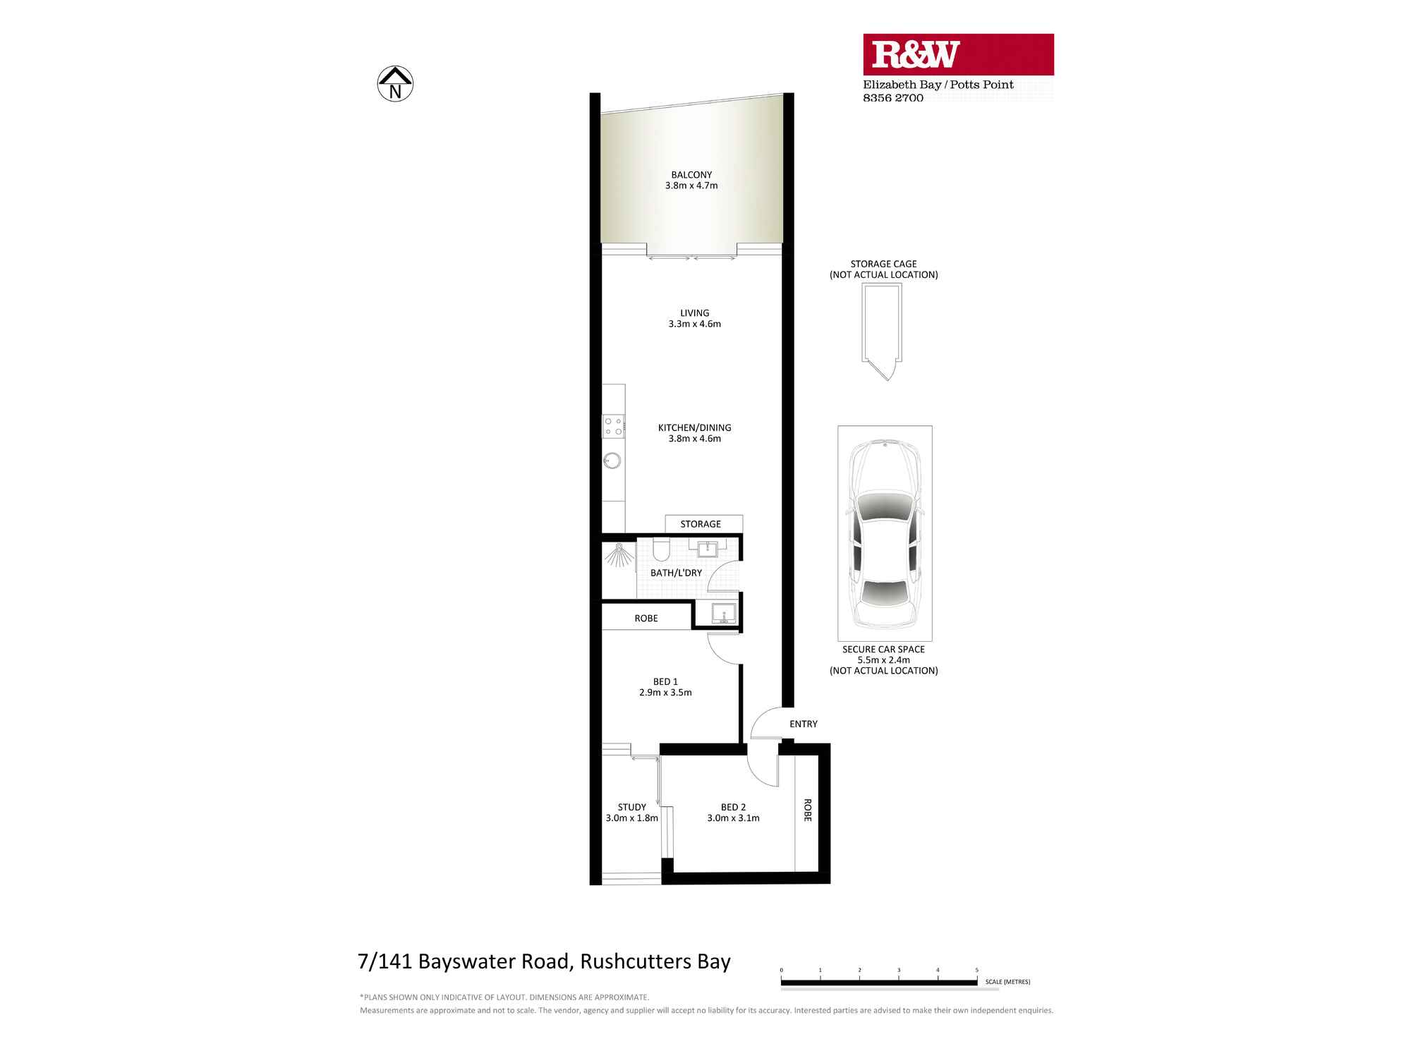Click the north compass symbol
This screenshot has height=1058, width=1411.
pyautogui.click(x=395, y=84)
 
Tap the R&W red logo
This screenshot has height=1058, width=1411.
pyautogui.click(x=958, y=54)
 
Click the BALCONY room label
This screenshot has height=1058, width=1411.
pyautogui.click(x=691, y=175)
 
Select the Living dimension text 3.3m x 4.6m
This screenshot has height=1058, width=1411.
pyautogui.click(x=694, y=324)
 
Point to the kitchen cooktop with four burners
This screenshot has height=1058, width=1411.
pyautogui.click(x=613, y=426)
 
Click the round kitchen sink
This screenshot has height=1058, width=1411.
pyautogui.click(x=612, y=461)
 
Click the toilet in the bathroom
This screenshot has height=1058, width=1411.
pyautogui.click(x=661, y=549)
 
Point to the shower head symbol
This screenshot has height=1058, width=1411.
pyautogui.click(x=619, y=556)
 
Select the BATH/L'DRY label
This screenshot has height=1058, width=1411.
pyautogui.click(x=676, y=573)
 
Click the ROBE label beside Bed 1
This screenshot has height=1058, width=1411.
pyautogui.click(x=646, y=619)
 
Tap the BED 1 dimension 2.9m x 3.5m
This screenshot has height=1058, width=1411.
pyautogui.click(x=665, y=693)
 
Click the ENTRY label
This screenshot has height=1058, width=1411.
pyautogui.click(x=803, y=724)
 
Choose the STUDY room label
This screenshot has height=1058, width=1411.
pyautogui.click(x=631, y=807)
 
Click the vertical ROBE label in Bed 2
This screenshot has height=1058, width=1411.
pyautogui.click(x=808, y=810)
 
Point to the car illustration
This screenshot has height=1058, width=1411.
pyautogui.click(x=885, y=534)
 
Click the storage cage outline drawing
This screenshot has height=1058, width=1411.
pyautogui.click(x=882, y=328)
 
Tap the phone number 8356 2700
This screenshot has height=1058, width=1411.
pyautogui.click(x=892, y=98)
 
